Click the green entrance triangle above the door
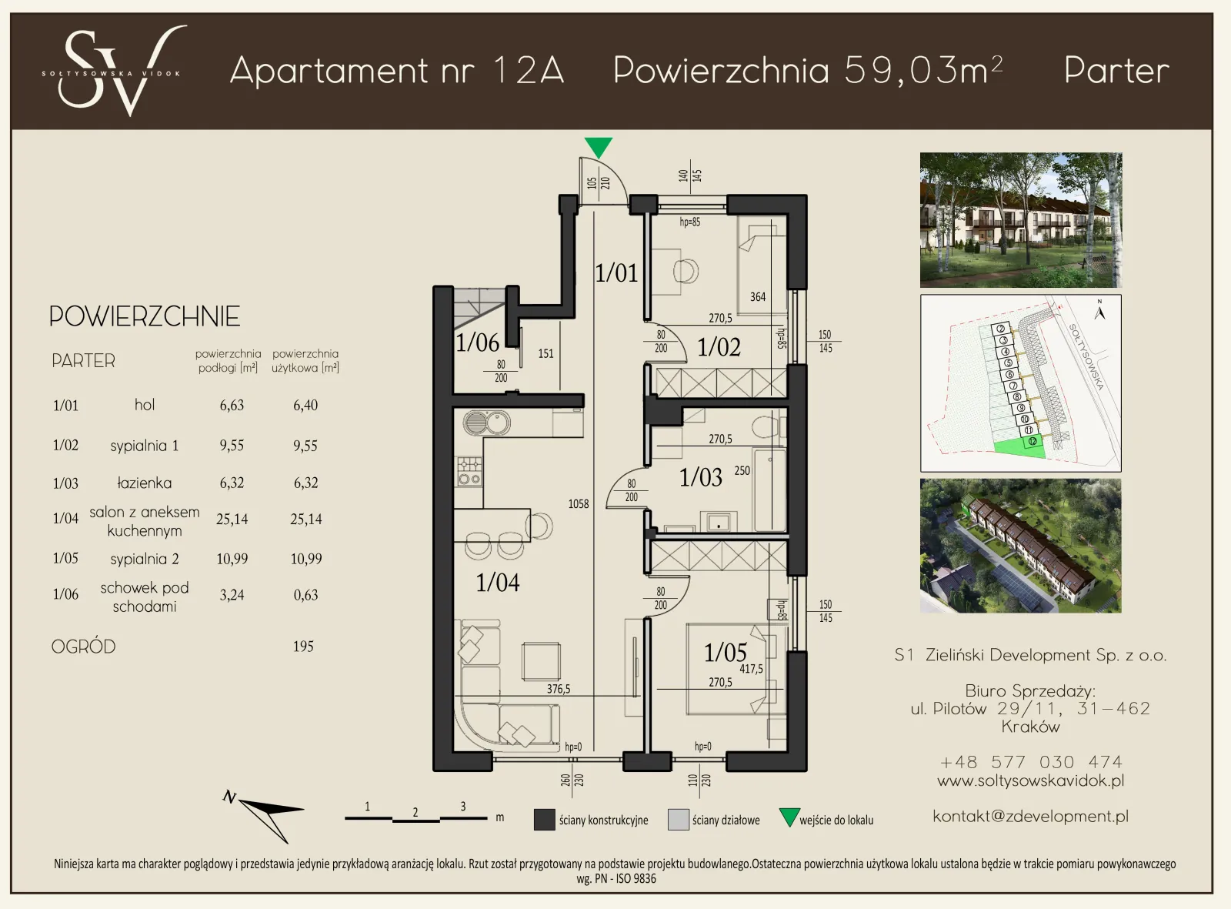(598, 146)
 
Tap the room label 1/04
(497, 583)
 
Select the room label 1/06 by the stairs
(477, 343)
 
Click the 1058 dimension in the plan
(579, 503)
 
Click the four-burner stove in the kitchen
(469, 471)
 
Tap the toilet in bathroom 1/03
(765, 426)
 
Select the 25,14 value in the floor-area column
(232, 520)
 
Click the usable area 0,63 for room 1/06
(305, 595)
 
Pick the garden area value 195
(303, 647)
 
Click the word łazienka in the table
(144, 483)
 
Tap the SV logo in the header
(115, 71)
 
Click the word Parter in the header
(1116, 71)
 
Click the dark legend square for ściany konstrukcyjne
(544, 820)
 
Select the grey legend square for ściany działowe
(678, 820)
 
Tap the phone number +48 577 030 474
(1030, 762)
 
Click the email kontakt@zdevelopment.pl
(1030, 816)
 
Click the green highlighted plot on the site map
(1019, 449)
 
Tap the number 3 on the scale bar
(462, 806)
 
